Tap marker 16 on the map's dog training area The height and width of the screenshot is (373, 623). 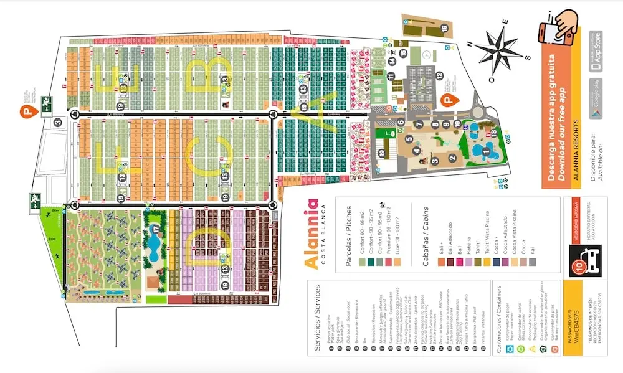444,28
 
